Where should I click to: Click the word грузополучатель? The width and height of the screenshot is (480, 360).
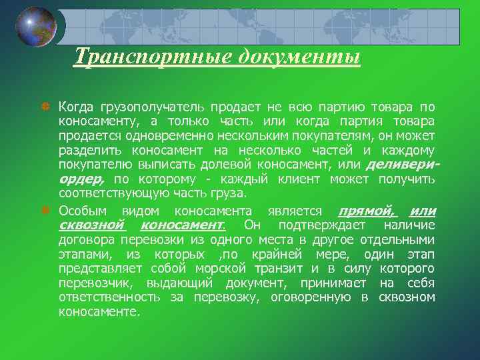tap(153, 107)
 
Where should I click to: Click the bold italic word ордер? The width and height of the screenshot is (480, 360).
tap(81, 179)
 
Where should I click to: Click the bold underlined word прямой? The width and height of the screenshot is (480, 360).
tap(367, 211)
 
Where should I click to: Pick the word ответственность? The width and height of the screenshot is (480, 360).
tap(111, 298)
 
